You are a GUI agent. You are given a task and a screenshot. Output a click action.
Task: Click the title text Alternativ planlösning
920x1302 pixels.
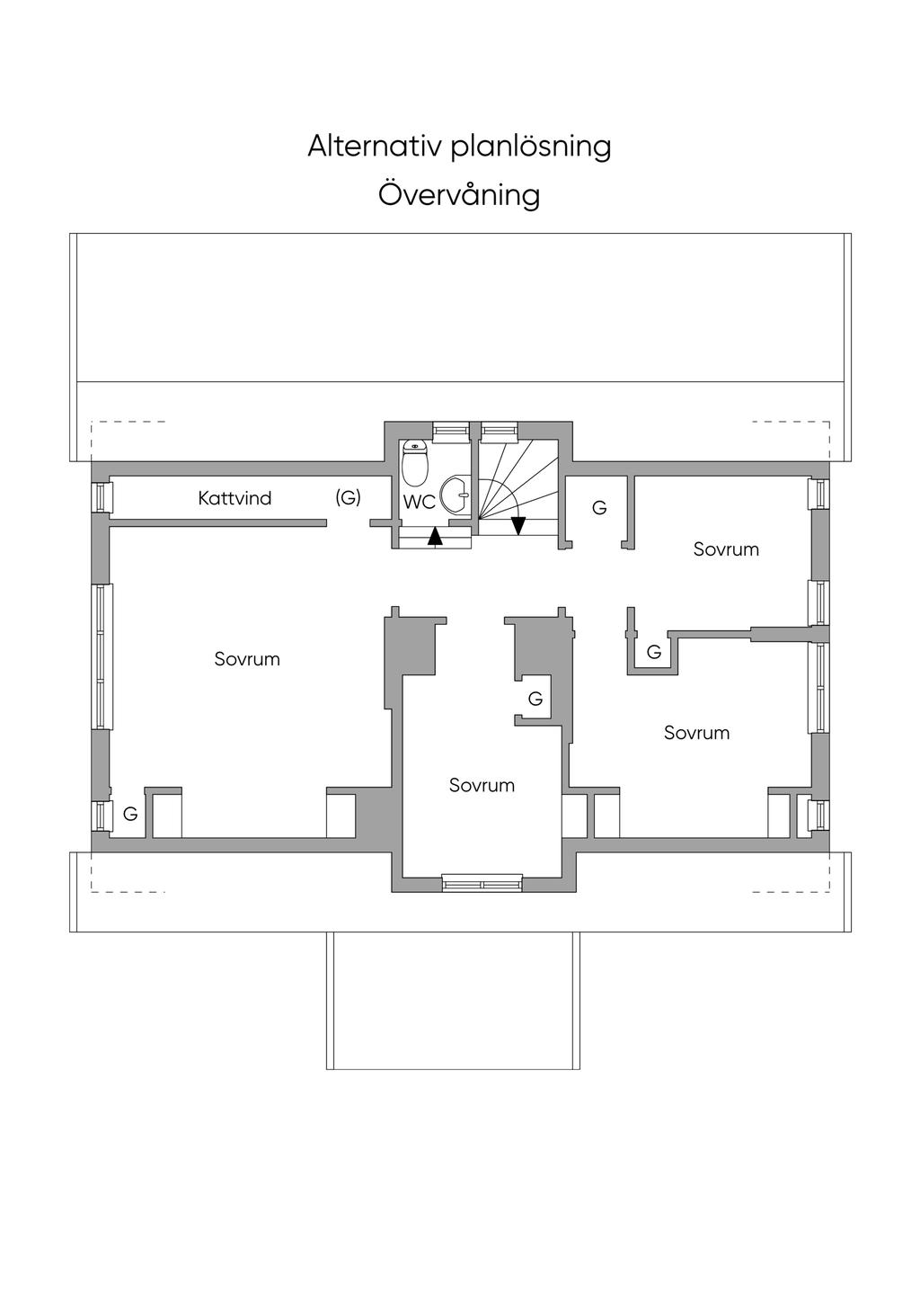coord(459,147)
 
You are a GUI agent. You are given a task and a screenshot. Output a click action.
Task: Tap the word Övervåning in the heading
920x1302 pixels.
coord(459,195)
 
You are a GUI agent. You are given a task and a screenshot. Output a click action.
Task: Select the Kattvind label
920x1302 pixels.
coord(234,498)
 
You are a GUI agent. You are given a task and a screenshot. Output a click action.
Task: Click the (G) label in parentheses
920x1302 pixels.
coord(349,497)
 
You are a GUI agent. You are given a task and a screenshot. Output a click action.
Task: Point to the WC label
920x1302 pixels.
coord(420,503)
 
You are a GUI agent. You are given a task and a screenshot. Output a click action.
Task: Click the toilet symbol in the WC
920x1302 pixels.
coord(415,463)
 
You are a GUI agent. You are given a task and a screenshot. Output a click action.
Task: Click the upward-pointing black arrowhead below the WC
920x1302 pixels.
coord(435,537)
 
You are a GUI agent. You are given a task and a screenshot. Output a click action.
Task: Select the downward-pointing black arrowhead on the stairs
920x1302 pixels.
coord(517,525)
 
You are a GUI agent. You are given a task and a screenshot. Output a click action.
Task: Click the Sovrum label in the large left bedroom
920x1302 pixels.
coord(247,659)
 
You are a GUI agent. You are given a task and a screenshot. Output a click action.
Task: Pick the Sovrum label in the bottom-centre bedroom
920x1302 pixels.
coord(482,786)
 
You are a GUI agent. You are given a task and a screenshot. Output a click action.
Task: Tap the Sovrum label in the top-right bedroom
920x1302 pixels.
coord(726,549)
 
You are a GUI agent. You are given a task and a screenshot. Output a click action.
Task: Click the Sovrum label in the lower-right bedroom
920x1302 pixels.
coord(697,733)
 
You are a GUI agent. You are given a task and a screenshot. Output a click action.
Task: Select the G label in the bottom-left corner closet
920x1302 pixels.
coord(130,815)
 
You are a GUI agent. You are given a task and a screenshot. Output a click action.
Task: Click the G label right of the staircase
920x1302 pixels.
coord(599,508)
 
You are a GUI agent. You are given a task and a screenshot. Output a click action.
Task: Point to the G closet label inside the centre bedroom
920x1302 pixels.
coord(535,698)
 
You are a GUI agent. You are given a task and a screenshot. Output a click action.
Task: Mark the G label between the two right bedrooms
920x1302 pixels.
coord(654,652)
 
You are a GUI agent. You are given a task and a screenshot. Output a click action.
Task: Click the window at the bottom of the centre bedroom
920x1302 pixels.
coord(482,884)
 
